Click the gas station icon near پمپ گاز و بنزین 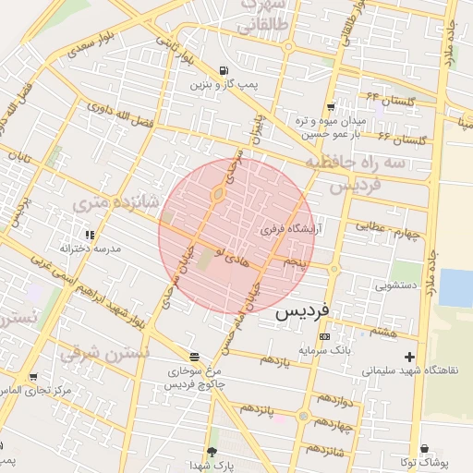coord(224,71)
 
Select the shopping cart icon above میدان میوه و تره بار coord(330,106)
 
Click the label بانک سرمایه coord(321,350)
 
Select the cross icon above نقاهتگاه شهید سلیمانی coord(410,357)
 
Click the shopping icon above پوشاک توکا coord(424,448)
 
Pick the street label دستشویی coord(398,285)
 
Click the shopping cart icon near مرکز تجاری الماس coord(34,377)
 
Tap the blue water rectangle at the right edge coord(455,287)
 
